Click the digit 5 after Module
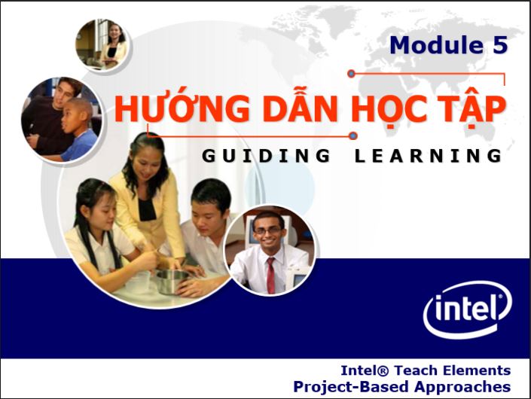coord(500,45)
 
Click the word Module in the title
coord(437,45)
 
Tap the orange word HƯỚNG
coord(182,108)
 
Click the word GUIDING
coord(266,156)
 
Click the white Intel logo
coord(467,309)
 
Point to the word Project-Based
coord(351,387)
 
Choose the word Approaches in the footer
coord(462,387)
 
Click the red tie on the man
coord(271,275)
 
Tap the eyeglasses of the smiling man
coord(267,230)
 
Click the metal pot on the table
coord(172,281)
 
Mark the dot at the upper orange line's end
coord(351,74)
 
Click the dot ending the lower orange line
coord(353,136)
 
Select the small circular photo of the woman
coord(103,44)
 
